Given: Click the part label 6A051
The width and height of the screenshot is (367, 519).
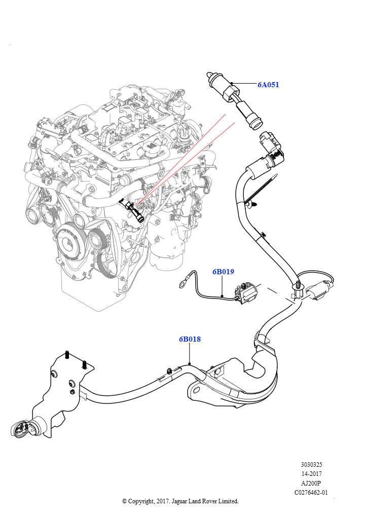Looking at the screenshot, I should [268, 85].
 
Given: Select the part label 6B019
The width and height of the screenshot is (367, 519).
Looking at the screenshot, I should [223, 272].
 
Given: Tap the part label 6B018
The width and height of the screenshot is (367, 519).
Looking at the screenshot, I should [190, 339].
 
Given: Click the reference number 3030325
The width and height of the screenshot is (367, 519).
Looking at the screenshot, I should [311, 464].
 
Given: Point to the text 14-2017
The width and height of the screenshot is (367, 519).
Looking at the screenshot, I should [311, 473].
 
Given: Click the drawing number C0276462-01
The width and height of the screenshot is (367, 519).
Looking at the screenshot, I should [311, 492].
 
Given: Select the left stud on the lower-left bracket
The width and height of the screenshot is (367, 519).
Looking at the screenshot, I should [67, 355].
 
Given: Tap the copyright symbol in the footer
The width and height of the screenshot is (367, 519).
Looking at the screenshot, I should [125, 501].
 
